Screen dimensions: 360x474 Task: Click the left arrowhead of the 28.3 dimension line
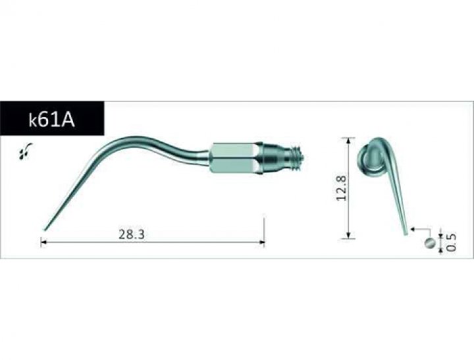[43, 243]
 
